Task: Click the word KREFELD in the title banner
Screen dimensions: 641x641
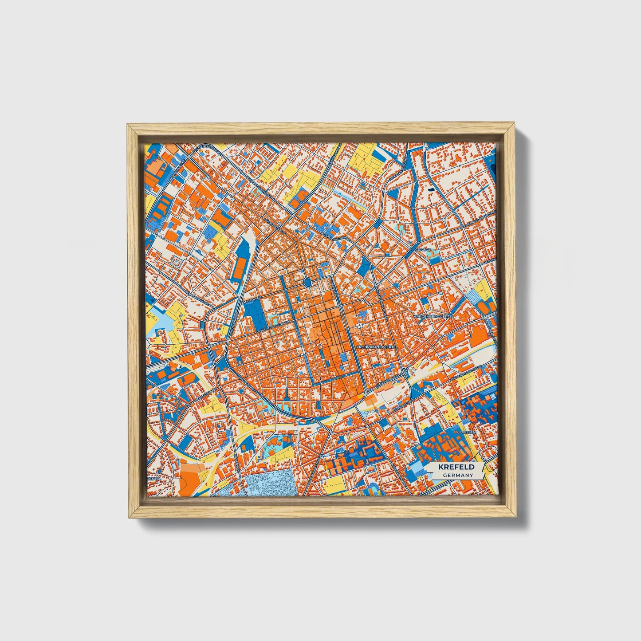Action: tap(456, 467)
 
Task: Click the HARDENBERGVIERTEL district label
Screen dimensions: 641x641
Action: tap(433, 316)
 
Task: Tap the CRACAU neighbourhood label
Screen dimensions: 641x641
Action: tap(421, 250)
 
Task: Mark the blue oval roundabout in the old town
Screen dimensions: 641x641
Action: tap(308, 283)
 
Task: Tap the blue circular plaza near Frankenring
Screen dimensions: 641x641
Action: tap(241, 391)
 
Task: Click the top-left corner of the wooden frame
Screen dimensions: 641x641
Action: tap(129, 126)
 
